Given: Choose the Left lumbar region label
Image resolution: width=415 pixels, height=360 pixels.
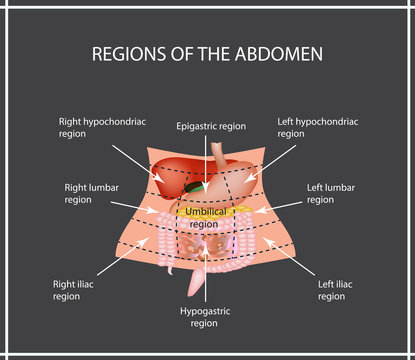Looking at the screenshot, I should pos(332,192).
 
